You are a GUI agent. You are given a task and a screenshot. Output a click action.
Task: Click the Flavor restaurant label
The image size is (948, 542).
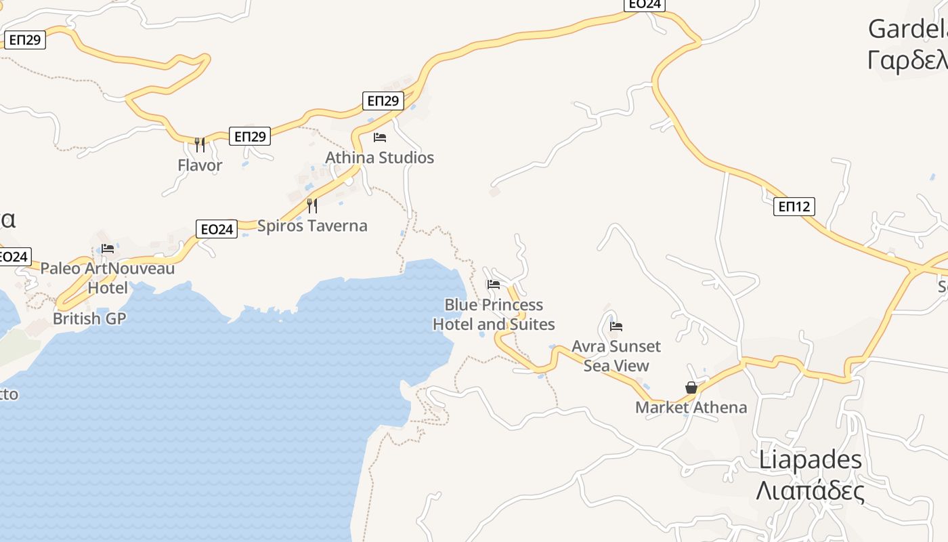click(200, 165)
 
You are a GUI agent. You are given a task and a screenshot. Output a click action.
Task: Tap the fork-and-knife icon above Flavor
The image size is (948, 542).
click(200, 144)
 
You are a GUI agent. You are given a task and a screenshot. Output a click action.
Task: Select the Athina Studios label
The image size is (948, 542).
click(379, 158)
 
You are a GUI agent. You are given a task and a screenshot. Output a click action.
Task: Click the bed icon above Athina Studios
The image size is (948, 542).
click(380, 138)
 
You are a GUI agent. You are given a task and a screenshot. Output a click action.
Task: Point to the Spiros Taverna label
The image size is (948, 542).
click(312, 226)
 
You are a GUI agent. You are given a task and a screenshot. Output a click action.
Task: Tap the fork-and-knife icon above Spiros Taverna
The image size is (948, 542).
click(312, 205)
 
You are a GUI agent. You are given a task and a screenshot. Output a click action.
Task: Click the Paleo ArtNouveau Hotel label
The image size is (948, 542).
click(108, 278)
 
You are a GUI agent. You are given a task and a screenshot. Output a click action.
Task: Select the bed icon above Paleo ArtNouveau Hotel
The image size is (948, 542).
click(108, 249)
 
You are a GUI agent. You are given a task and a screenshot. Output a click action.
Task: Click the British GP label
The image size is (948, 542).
click(89, 318)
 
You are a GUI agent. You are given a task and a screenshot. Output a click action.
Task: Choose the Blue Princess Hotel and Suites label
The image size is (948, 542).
click(494, 314)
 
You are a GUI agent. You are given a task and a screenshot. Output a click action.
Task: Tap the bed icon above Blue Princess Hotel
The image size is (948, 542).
click(494, 285)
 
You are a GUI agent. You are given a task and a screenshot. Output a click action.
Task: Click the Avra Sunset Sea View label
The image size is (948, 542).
click(616, 356)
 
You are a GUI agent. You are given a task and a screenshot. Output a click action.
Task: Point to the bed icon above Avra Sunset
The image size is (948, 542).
click(616, 327)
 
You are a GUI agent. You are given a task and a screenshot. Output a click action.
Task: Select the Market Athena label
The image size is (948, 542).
click(691, 407)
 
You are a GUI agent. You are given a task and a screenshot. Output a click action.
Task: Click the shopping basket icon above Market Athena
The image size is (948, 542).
click(691, 388)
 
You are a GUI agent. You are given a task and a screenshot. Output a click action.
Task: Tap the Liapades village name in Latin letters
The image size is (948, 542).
click(811, 459)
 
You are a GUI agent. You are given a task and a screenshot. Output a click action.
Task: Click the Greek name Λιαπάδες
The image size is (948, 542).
click(811, 491)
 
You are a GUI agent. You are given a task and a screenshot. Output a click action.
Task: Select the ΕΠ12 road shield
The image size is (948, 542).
click(794, 207)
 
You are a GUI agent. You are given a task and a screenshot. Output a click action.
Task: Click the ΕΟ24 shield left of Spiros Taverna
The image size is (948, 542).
click(217, 229)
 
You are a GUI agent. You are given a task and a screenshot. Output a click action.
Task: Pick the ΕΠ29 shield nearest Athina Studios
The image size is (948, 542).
click(383, 101)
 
